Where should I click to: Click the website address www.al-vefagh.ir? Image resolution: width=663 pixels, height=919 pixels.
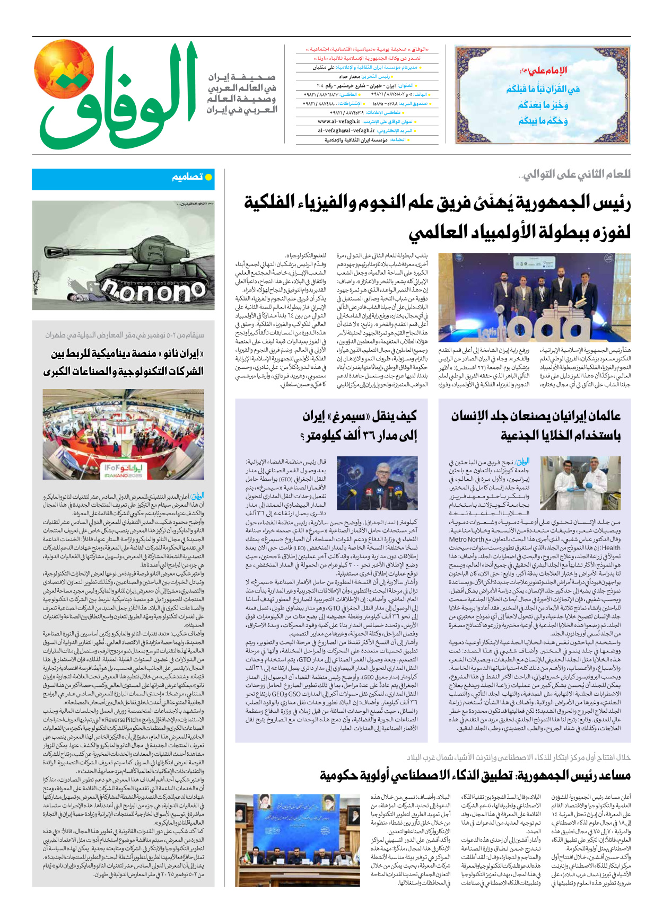(339, 121)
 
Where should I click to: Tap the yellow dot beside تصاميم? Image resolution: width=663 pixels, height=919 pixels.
(208, 177)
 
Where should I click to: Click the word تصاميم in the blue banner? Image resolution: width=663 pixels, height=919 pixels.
(187, 177)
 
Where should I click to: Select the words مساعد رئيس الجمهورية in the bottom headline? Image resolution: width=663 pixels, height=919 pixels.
(573, 776)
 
